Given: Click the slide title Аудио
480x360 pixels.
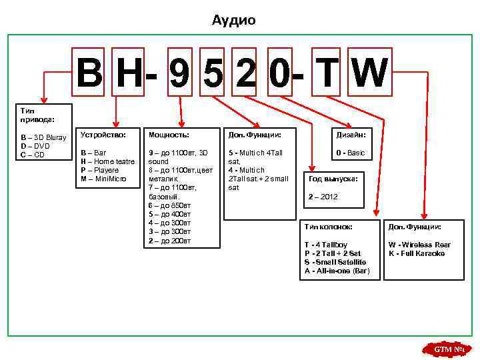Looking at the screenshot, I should (233, 21).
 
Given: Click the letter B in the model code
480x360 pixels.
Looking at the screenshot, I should (89, 73).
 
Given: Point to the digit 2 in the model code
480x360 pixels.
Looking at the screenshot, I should (245, 75).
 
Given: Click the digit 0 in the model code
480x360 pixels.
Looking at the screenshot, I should (278, 75).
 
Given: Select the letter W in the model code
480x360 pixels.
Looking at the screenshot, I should (368, 73).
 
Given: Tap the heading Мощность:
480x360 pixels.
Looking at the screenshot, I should (169, 135).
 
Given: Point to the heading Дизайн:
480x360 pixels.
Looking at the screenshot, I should (351, 135).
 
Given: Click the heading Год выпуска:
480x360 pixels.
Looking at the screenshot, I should (333, 179).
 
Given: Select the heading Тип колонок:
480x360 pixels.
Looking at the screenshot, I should (328, 227).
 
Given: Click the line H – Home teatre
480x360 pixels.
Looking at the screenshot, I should (107, 161).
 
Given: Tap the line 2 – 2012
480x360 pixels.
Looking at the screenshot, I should (323, 197).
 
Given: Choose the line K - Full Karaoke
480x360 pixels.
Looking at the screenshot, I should (417, 253).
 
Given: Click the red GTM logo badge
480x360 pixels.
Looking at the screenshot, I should (447, 349).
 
